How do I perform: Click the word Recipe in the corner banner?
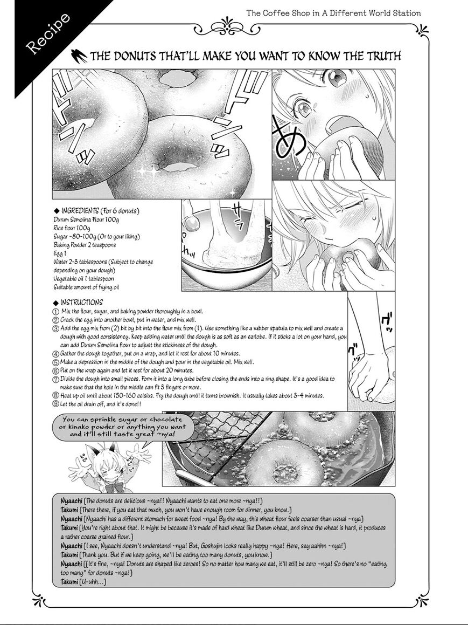(x=48, y=33)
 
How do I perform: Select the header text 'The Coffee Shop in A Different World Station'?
(x=333, y=13)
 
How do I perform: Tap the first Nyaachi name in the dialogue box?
(x=72, y=501)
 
